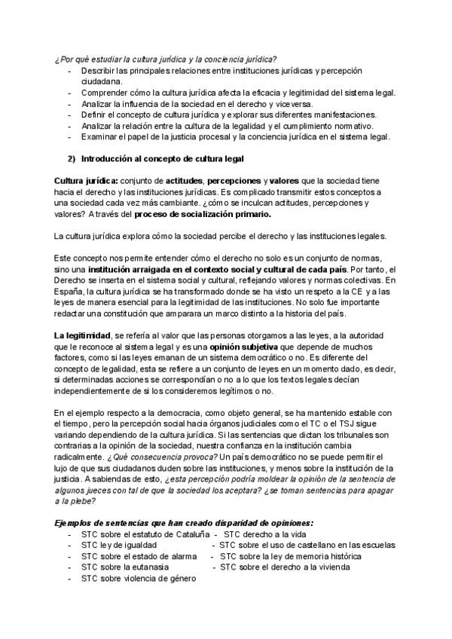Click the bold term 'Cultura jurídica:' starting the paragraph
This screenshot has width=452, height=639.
coord(86,182)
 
